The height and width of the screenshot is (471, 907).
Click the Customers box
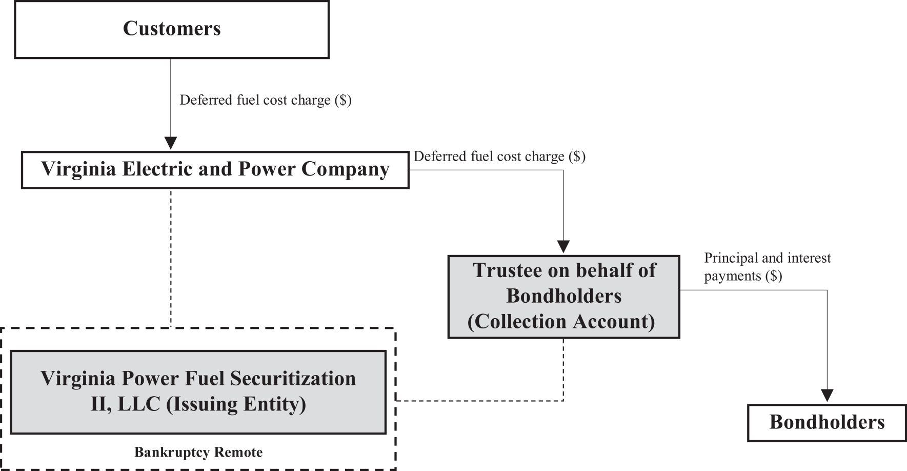point(172,29)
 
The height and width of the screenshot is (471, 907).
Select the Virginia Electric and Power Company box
point(215,170)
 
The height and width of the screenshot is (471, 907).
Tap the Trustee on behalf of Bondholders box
point(564,297)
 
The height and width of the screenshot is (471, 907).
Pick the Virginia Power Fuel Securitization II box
point(198,392)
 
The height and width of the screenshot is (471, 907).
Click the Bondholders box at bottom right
point(827,423)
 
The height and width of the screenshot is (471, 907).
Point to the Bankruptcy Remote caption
point(198,453)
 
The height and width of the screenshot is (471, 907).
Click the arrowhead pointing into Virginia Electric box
point(171,143)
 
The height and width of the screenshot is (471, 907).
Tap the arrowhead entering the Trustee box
point(563,247)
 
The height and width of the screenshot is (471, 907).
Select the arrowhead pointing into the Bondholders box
point(827,396)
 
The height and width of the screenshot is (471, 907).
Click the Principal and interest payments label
point(768,267)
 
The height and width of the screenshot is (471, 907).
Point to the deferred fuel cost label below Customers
point(266,100)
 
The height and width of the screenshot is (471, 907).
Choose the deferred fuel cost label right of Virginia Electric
point(499,156)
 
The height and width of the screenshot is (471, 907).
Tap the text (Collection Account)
point(561,322)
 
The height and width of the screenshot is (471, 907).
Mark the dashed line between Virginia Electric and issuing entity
point(171,258)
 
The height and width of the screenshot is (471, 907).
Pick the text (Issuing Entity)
point(236,404)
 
